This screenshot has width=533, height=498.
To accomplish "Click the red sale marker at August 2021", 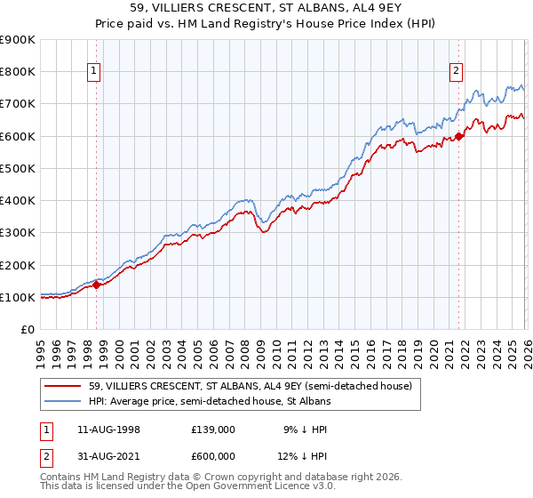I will coord(459,136).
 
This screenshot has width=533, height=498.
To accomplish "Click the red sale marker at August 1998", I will coord(97,285).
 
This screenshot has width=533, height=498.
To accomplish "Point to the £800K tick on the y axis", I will coord(18,72).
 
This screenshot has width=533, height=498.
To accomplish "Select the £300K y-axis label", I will coord(18,233).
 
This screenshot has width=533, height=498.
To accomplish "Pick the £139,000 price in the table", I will coord(212,430).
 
